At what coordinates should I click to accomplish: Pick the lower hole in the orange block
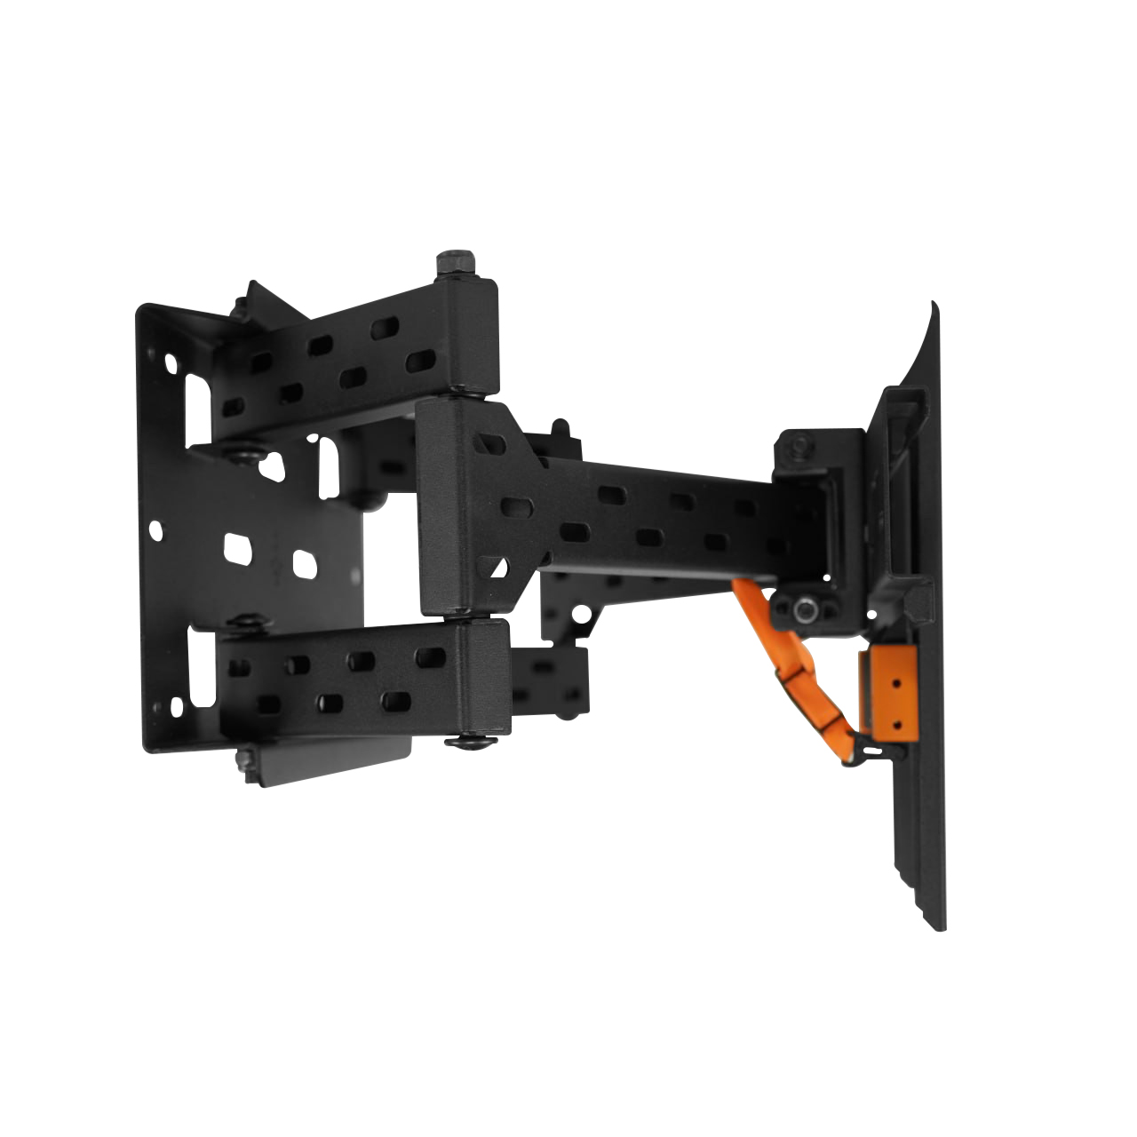coord(895,724)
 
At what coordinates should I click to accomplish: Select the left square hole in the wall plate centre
coord(235,548)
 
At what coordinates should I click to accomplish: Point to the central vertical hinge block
coord(451,506)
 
